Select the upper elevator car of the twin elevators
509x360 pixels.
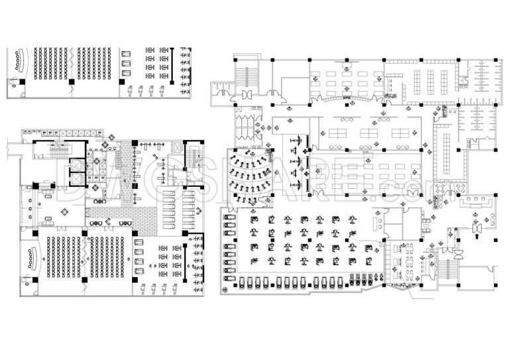(x=77, y=164)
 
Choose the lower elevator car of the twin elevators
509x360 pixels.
(x=77, y=179)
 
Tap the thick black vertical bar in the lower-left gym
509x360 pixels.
(x=186, y=263)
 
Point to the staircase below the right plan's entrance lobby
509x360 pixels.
(x=446, y=269)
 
